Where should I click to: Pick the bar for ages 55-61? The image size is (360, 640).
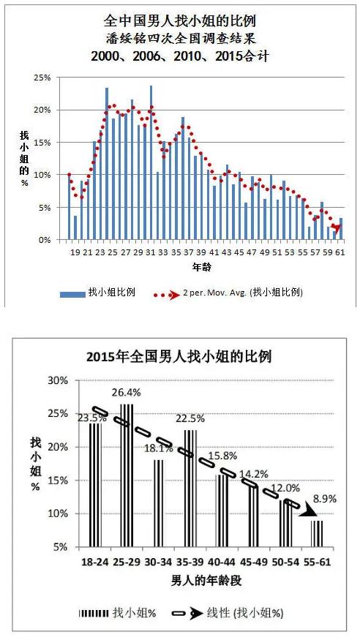click(x=317, y=533)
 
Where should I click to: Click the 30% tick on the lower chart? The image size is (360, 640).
click(x=56, y=380)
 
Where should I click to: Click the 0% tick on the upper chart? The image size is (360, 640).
click(x=45, y=240)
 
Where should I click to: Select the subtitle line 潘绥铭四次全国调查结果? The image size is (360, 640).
click(x=180, y=38)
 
